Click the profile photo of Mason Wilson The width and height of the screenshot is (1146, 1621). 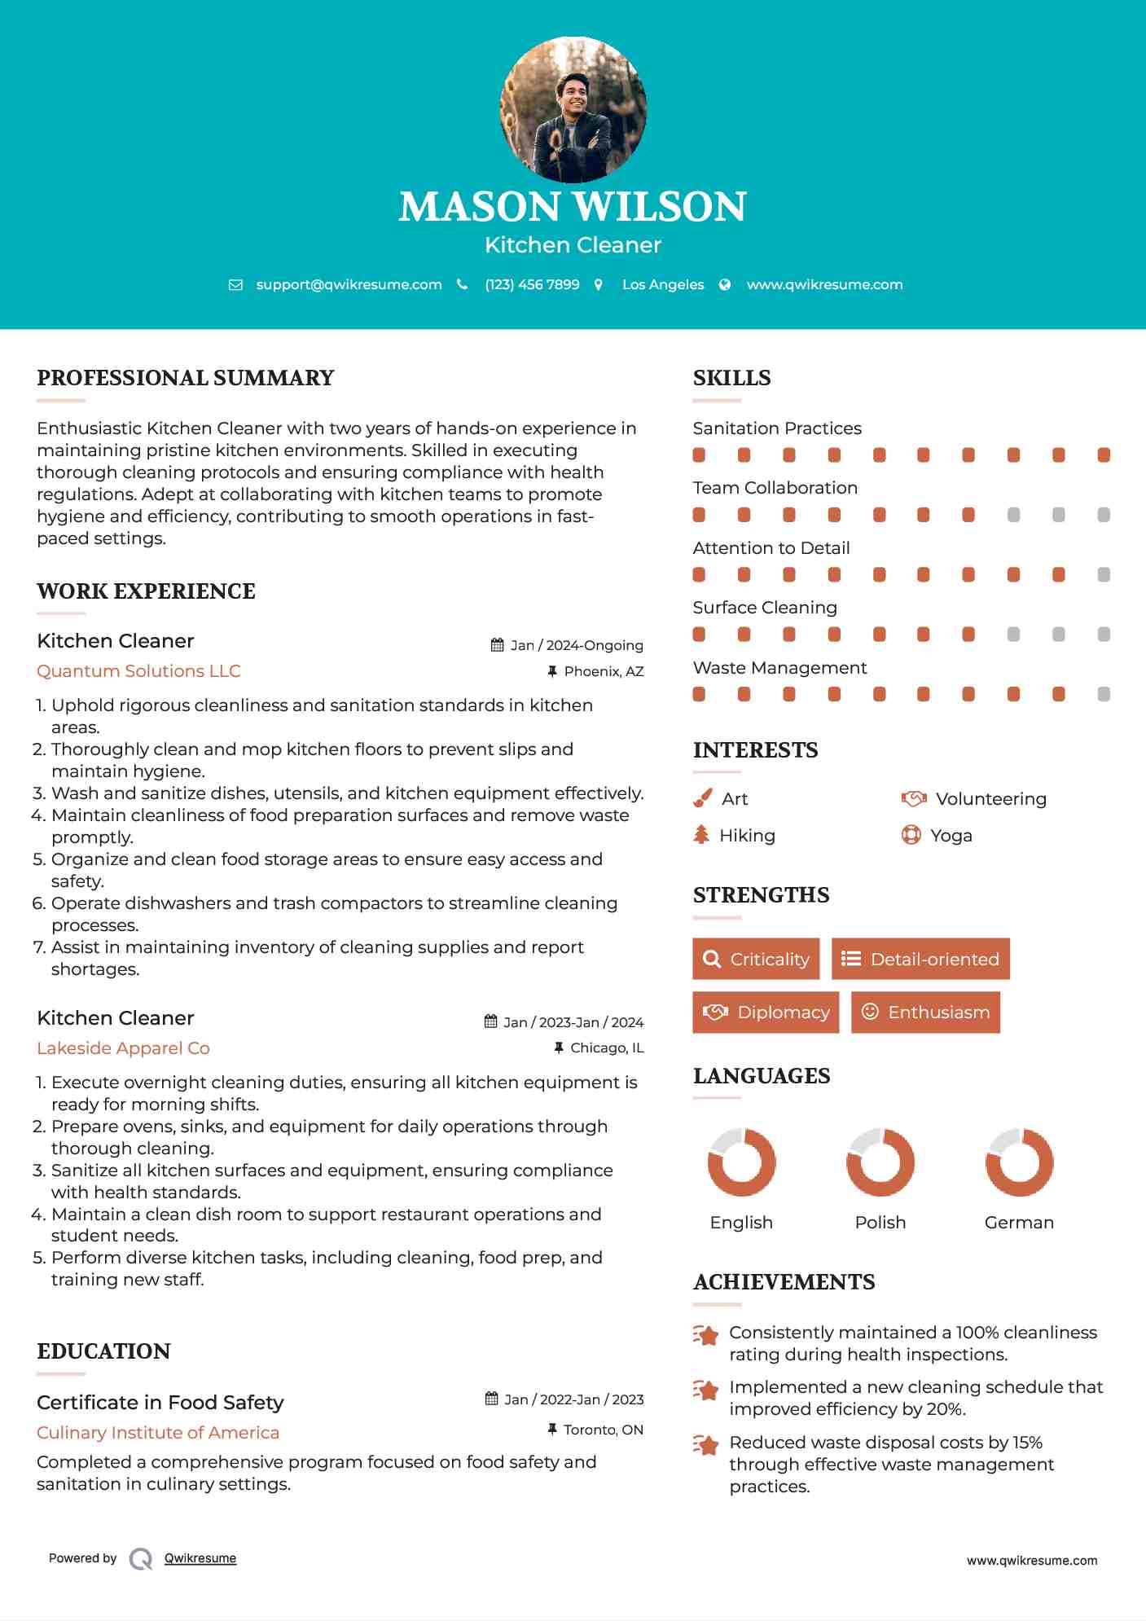coord(573,109)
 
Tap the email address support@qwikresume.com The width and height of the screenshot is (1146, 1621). coord(349,284)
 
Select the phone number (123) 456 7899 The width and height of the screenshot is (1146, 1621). coord(532,284)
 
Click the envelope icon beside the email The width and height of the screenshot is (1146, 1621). coord(235,285)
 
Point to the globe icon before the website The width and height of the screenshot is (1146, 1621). coord(725,285)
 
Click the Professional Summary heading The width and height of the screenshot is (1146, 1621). coord(186,378)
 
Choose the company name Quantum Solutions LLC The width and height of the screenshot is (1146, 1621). coord(138,671)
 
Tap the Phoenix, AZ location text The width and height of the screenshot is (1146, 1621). coord(604,671)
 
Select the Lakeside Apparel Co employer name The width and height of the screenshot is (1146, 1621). coord(123,1048)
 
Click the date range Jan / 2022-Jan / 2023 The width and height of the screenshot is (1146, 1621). coord(573,1399)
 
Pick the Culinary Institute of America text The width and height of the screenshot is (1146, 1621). coord(158,1433)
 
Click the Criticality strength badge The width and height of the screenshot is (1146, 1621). coord(756,959)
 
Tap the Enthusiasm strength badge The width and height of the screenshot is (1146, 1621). coord(925,1013)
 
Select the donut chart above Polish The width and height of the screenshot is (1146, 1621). coord(880,1162)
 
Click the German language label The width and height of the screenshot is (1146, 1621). coord(1019,1223)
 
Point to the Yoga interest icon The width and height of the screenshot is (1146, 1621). coord(911,835)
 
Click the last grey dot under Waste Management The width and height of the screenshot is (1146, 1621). coord(1104,694)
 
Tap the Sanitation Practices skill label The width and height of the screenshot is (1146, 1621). coord(777,428)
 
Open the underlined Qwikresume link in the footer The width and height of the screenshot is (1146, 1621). coord(200,1558)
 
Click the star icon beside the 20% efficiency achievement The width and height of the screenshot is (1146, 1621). coord(706,1390)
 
